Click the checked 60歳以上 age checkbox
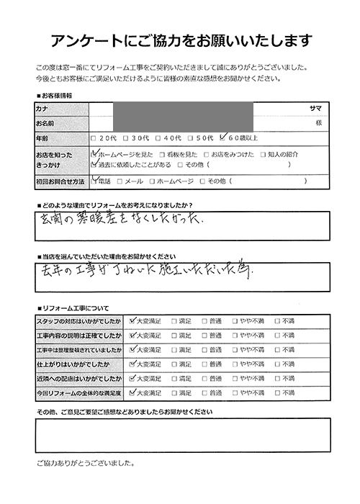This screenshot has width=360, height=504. pos(225,138)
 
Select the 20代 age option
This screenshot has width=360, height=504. pos(94,138)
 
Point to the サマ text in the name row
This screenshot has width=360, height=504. pos(315,108)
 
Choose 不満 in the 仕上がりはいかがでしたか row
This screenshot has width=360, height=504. pos(277,364)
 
